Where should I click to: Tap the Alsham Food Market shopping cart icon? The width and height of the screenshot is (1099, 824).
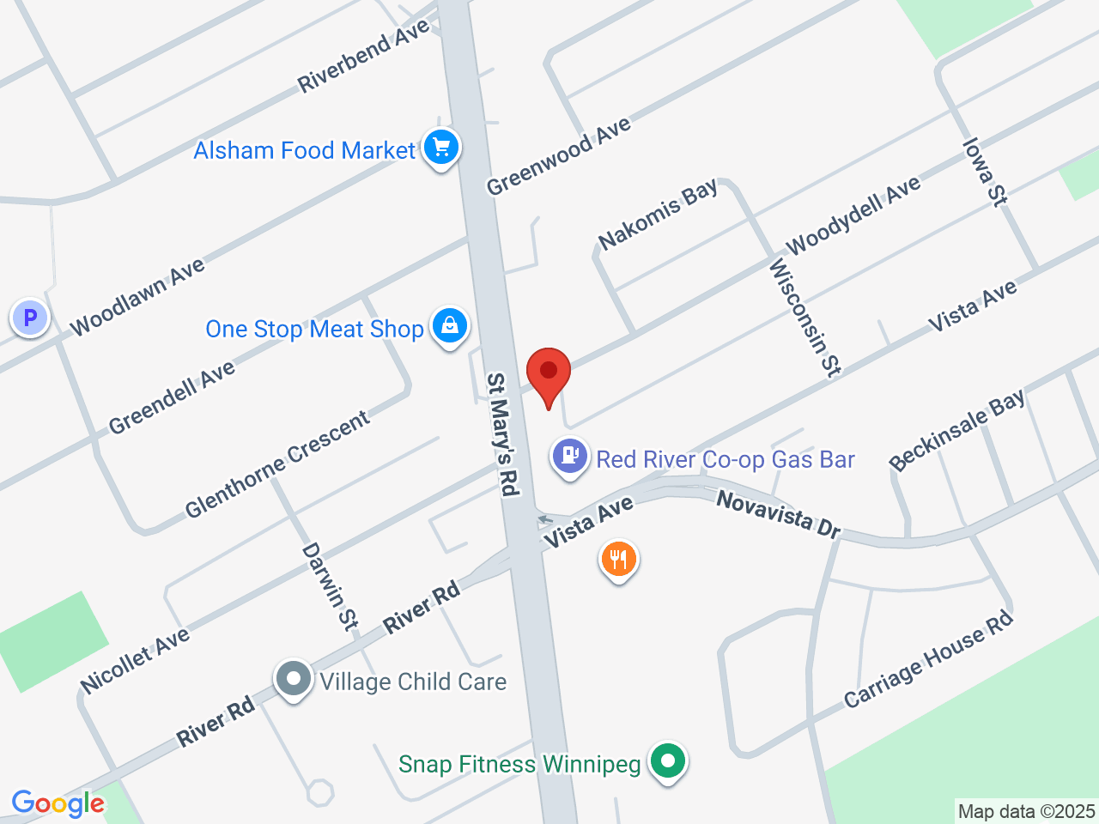point(441,148)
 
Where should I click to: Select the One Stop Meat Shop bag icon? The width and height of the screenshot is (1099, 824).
point(449,326)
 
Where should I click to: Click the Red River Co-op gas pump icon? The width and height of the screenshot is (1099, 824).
point(569,456)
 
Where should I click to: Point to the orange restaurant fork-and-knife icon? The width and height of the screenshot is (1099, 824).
point(618,560)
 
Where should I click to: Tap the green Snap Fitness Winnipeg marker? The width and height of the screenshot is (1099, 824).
point(667,760)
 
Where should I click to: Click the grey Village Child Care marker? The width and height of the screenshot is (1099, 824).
point(294,679)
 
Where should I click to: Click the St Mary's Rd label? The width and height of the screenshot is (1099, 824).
point(504,433)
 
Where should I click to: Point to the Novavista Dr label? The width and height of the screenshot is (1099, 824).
point(779,513)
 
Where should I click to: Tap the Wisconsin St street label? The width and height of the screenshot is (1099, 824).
point(805,318)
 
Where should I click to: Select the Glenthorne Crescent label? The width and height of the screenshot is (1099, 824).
point(277,464)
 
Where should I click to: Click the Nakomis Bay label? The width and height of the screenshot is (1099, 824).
point(658,215)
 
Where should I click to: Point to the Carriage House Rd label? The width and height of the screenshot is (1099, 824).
point(928,659)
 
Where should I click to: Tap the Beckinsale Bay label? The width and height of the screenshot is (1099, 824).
point(956,430)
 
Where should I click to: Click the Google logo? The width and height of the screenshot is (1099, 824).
point(58,803)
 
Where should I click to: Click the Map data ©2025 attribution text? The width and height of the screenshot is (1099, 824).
point(1026,811)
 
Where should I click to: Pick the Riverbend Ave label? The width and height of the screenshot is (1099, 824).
point(363,57)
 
